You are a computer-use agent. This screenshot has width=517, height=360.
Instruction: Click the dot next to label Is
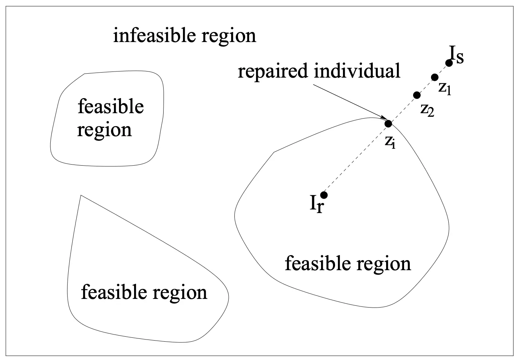(x=449, y=63)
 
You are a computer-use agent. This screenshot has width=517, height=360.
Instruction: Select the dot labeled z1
(x=435, y=77)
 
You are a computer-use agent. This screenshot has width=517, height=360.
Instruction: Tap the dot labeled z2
(x=417, y=95)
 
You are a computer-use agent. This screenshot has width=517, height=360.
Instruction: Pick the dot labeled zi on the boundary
(x=388, y=124)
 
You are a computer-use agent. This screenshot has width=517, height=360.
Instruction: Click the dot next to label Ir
(x=324, y=195)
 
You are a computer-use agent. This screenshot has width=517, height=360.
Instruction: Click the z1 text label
(x=444, y=88)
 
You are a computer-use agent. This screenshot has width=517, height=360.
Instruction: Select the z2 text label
(x=427, y=110)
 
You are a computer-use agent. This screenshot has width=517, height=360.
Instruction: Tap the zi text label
(x=390, y=142)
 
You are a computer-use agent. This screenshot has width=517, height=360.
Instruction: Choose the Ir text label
(x=317, y=204)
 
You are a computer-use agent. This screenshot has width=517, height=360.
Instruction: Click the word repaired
(x=273, y=71)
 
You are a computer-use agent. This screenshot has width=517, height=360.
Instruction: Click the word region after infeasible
(x=229, y=38)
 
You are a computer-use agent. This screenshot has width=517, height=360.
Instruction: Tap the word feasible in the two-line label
(x=111, y=106)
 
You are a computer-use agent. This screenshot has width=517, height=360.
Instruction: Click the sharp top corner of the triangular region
(x=81, y=195)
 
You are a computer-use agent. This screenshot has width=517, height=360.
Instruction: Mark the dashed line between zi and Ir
(x=356, y=160)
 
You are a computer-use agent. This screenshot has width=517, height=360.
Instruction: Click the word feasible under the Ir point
(x=319, y=264)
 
